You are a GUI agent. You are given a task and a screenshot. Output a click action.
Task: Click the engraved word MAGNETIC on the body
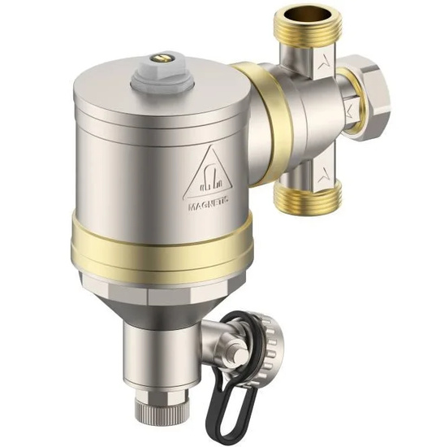209,207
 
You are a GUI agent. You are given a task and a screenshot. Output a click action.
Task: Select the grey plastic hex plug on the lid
153,77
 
